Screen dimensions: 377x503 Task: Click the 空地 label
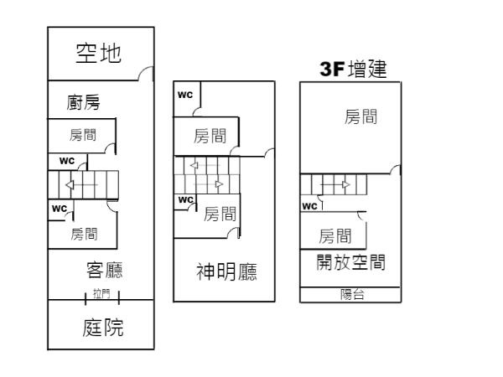click(99, 54)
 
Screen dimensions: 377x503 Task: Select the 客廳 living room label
click(106, 270)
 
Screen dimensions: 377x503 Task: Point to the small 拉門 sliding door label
click(101, 294)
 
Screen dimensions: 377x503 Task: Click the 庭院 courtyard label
click(103, 327)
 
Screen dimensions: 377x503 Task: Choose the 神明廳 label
click(226, 271)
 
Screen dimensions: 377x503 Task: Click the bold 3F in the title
click(333, 70)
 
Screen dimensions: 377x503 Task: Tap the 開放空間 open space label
click(350, 261)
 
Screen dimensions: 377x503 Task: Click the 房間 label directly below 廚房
click(82, 134)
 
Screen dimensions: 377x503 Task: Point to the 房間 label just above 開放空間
click(335, 235)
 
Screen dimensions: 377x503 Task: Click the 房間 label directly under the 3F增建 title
click(360, 117)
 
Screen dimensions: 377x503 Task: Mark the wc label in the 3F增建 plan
click(309, 205)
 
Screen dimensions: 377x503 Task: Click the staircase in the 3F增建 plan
click(334, 183)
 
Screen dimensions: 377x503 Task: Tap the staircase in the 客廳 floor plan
click(82, 184)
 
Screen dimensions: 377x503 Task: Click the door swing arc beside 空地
click(148, 75)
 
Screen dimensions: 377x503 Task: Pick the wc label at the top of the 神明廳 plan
click(184, 94)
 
